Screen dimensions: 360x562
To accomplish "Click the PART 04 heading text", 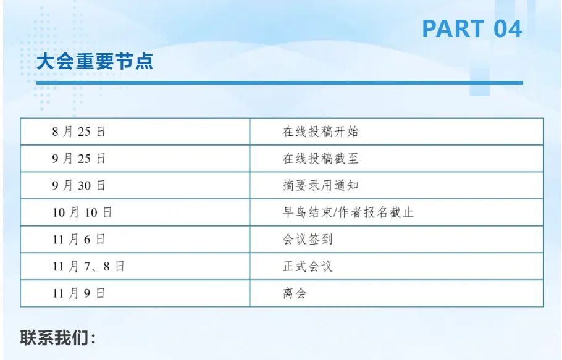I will pyautogui.click(x=472, y=28).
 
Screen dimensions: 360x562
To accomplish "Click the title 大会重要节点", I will pyautogui.click(x=94, y=62).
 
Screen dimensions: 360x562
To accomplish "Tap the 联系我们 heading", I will pyautogui.click(x=59, y=338).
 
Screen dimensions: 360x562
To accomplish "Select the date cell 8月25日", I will pyautogui.click(x=79, y=132).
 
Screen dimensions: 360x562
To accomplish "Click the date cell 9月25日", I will pyautogui.click(x=79, y=159).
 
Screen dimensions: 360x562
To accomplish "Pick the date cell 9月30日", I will pyautogui.click(x=79, y=185).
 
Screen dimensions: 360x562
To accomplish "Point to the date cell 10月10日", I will pyautogui.click(x=82, y=212).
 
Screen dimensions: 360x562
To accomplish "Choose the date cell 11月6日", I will pyautogui.click(x=79, y=240).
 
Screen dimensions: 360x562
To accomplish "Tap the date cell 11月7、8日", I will pyautogui.click(x=88, y=267).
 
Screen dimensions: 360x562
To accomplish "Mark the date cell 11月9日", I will pyautogui.click(x=79, y=293).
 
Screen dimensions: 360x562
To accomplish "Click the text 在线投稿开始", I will pyautogui.click(x=321, y=132).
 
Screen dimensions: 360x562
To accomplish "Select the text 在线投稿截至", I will pyautogui.click(x=321, y=159).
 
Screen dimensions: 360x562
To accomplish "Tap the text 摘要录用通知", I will pyautogui.click(x=321, y=185).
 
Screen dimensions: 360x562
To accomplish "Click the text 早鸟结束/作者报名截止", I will pyautogui.click(x=348, y=212).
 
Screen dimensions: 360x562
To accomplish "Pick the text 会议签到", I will pyautogui.click(x=308, y=240).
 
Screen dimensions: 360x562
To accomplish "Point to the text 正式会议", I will pyautogui.click(x=308, y=267).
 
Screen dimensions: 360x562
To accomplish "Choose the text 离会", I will pyautogui.click(x=295, y=293).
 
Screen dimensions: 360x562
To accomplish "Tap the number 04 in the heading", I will pyautogui.click(x=508, y=28).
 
